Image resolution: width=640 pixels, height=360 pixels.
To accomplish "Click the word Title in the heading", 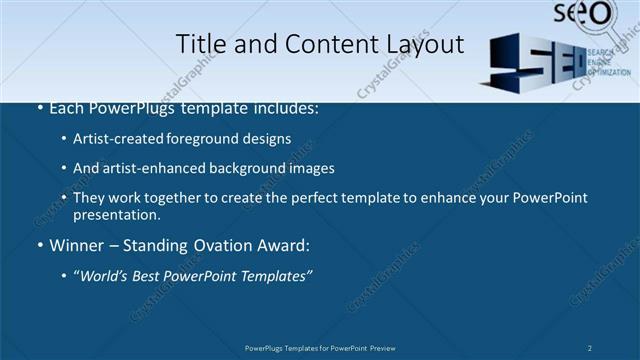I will click(x=198, y=44).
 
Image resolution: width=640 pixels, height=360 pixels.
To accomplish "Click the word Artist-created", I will click(x=115, y=138).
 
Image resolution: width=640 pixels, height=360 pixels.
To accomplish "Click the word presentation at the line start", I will click(x=115, y=215).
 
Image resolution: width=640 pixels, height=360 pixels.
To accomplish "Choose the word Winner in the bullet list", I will click(x=75, y=245).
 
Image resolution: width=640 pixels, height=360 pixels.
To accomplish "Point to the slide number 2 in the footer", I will click(x=590, y=348).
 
